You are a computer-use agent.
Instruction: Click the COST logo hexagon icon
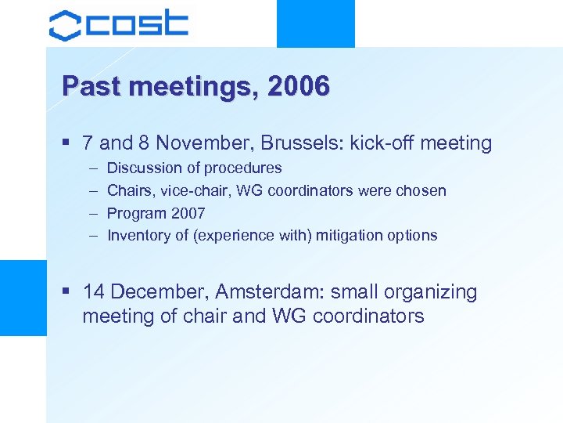tap(65, 24)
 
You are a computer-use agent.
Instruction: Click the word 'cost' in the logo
tap(138, 23)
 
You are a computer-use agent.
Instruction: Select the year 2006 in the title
tap(298, 86)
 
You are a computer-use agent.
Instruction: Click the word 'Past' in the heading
tap(89, 86)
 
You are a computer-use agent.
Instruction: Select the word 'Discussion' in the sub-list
tap(142, 168)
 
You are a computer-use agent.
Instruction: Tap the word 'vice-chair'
tap(188, 190)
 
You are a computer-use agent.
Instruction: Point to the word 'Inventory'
tap(137, 235)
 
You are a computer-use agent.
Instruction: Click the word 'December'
tap(160, 292)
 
